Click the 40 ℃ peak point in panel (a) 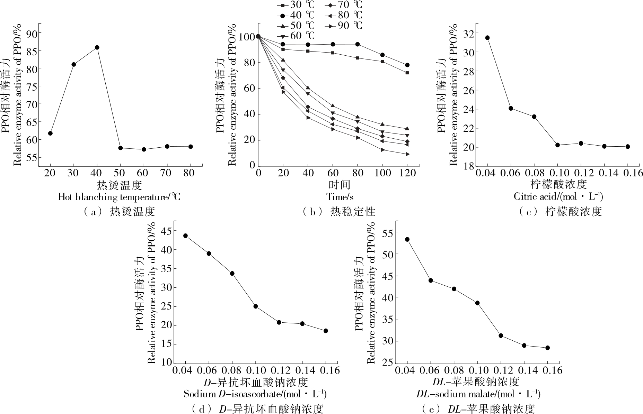coord(97,47)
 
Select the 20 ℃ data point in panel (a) coord(50,133)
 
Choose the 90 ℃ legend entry coord(343,26)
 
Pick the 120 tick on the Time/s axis coord(407,173)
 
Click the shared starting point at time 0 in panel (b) coord(258,36)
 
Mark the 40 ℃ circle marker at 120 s coord(407,65)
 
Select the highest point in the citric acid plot coord(487,38)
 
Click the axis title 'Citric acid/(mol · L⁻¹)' coord(558,197)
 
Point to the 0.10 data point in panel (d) coord(256,306)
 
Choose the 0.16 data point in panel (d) coord(326,331)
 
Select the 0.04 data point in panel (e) coord(407,239)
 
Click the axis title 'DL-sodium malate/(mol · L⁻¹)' coord(486,394)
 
